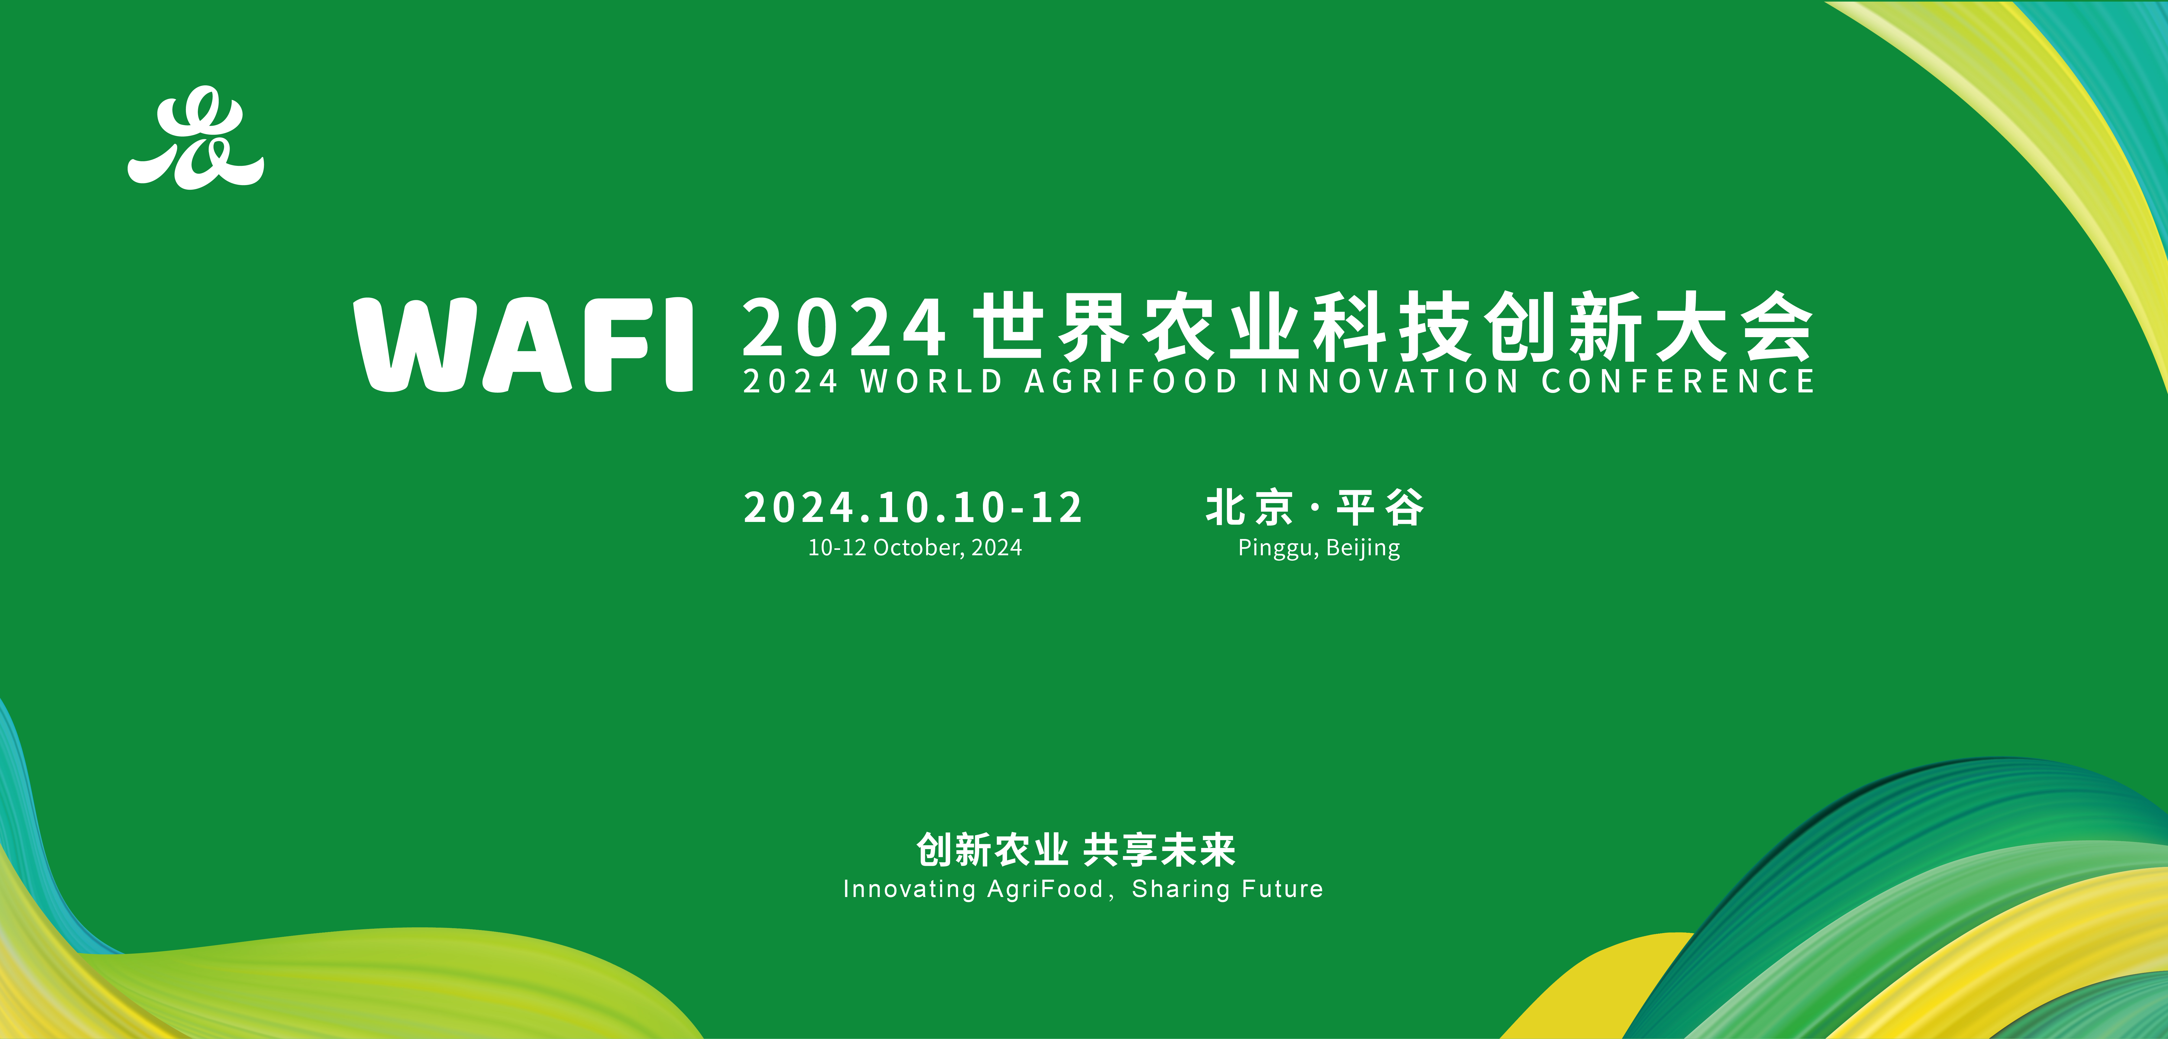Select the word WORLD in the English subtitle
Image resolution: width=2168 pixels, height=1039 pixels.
tap(931, 381)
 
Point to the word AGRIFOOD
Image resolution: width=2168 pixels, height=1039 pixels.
tap(1130, 381)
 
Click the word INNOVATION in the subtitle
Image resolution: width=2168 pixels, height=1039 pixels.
tap(1389, 381)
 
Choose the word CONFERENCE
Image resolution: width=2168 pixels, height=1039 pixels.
tap(1677, 381)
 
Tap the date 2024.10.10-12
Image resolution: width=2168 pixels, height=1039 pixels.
tap(913, 507)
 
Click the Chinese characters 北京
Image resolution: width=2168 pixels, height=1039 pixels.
tap(1249, 507)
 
